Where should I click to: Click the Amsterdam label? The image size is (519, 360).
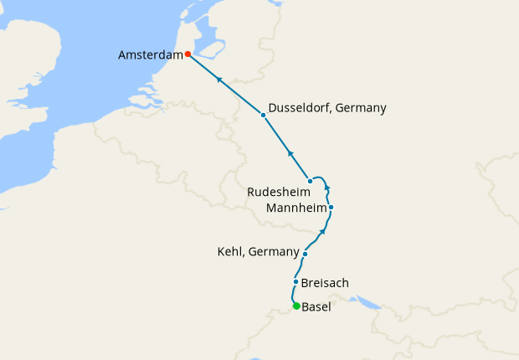(x=151, y=55)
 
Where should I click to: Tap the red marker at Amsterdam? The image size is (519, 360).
(x=188, y=54)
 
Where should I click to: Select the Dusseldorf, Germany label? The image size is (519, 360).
(x=327, y=108)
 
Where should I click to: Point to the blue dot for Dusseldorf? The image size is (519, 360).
(x=263, y=115)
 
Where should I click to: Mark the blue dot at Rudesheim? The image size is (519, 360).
(x=310, y=181)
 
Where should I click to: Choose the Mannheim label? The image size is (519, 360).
(x=294, y=207)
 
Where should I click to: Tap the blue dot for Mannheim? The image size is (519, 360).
(x=331, y=207)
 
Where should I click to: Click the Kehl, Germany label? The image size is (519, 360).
(x=258, y=252)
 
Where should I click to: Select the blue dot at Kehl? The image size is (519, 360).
(x=306, y=254)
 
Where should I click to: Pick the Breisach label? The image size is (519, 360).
(x=325, y=283)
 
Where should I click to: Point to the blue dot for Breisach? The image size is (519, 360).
(x=296, y=282)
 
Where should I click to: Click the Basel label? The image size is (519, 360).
(x=316, y=307)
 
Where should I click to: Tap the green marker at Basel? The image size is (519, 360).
(x=296, y=306)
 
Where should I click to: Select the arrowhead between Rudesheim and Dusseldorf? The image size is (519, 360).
(x=290, y=152)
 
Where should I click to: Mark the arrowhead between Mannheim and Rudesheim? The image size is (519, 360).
(x=327, y=188)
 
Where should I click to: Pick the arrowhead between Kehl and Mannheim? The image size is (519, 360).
(x=323, y=230)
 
